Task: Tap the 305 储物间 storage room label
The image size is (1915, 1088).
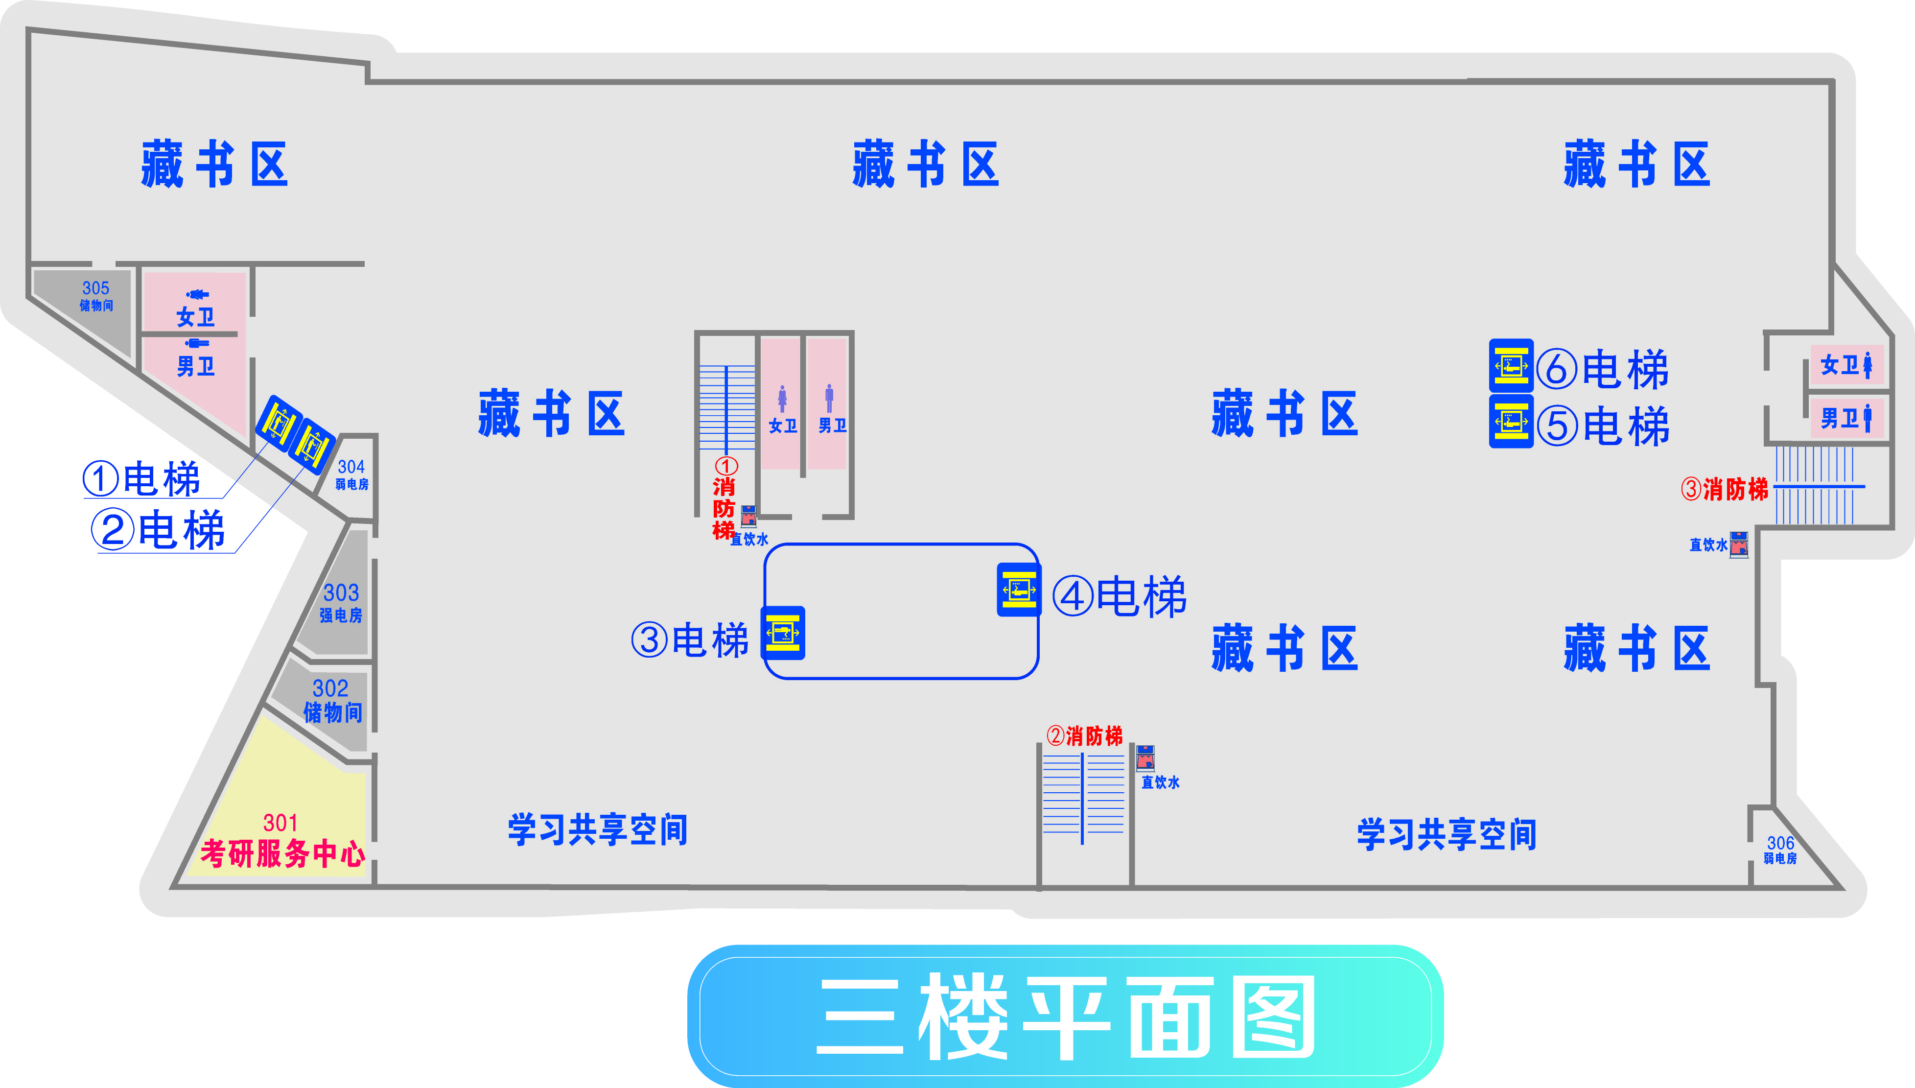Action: (x=95, y=296)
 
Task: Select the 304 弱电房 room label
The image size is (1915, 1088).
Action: (x=351, y=474)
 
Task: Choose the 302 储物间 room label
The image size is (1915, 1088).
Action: (x=331, y=701)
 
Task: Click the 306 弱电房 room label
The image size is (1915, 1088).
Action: (x=1780, y=850)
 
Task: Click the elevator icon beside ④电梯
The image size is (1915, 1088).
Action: (x=1019, y=590)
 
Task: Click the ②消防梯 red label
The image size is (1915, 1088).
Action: (x=1084, y=736)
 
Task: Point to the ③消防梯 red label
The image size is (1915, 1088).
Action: (x=1725, y=490)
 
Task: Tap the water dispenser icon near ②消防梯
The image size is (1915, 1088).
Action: (x=1145, y=757)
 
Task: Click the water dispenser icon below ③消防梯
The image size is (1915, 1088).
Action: (x=1739, y=544)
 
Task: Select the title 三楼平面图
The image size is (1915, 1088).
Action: (x=1065, y=1016)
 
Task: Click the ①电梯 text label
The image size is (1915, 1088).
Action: (x=142, y=479)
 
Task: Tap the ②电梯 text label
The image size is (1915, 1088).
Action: (x=158, y=530)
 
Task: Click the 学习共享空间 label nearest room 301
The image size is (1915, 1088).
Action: (x=598, y=829)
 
